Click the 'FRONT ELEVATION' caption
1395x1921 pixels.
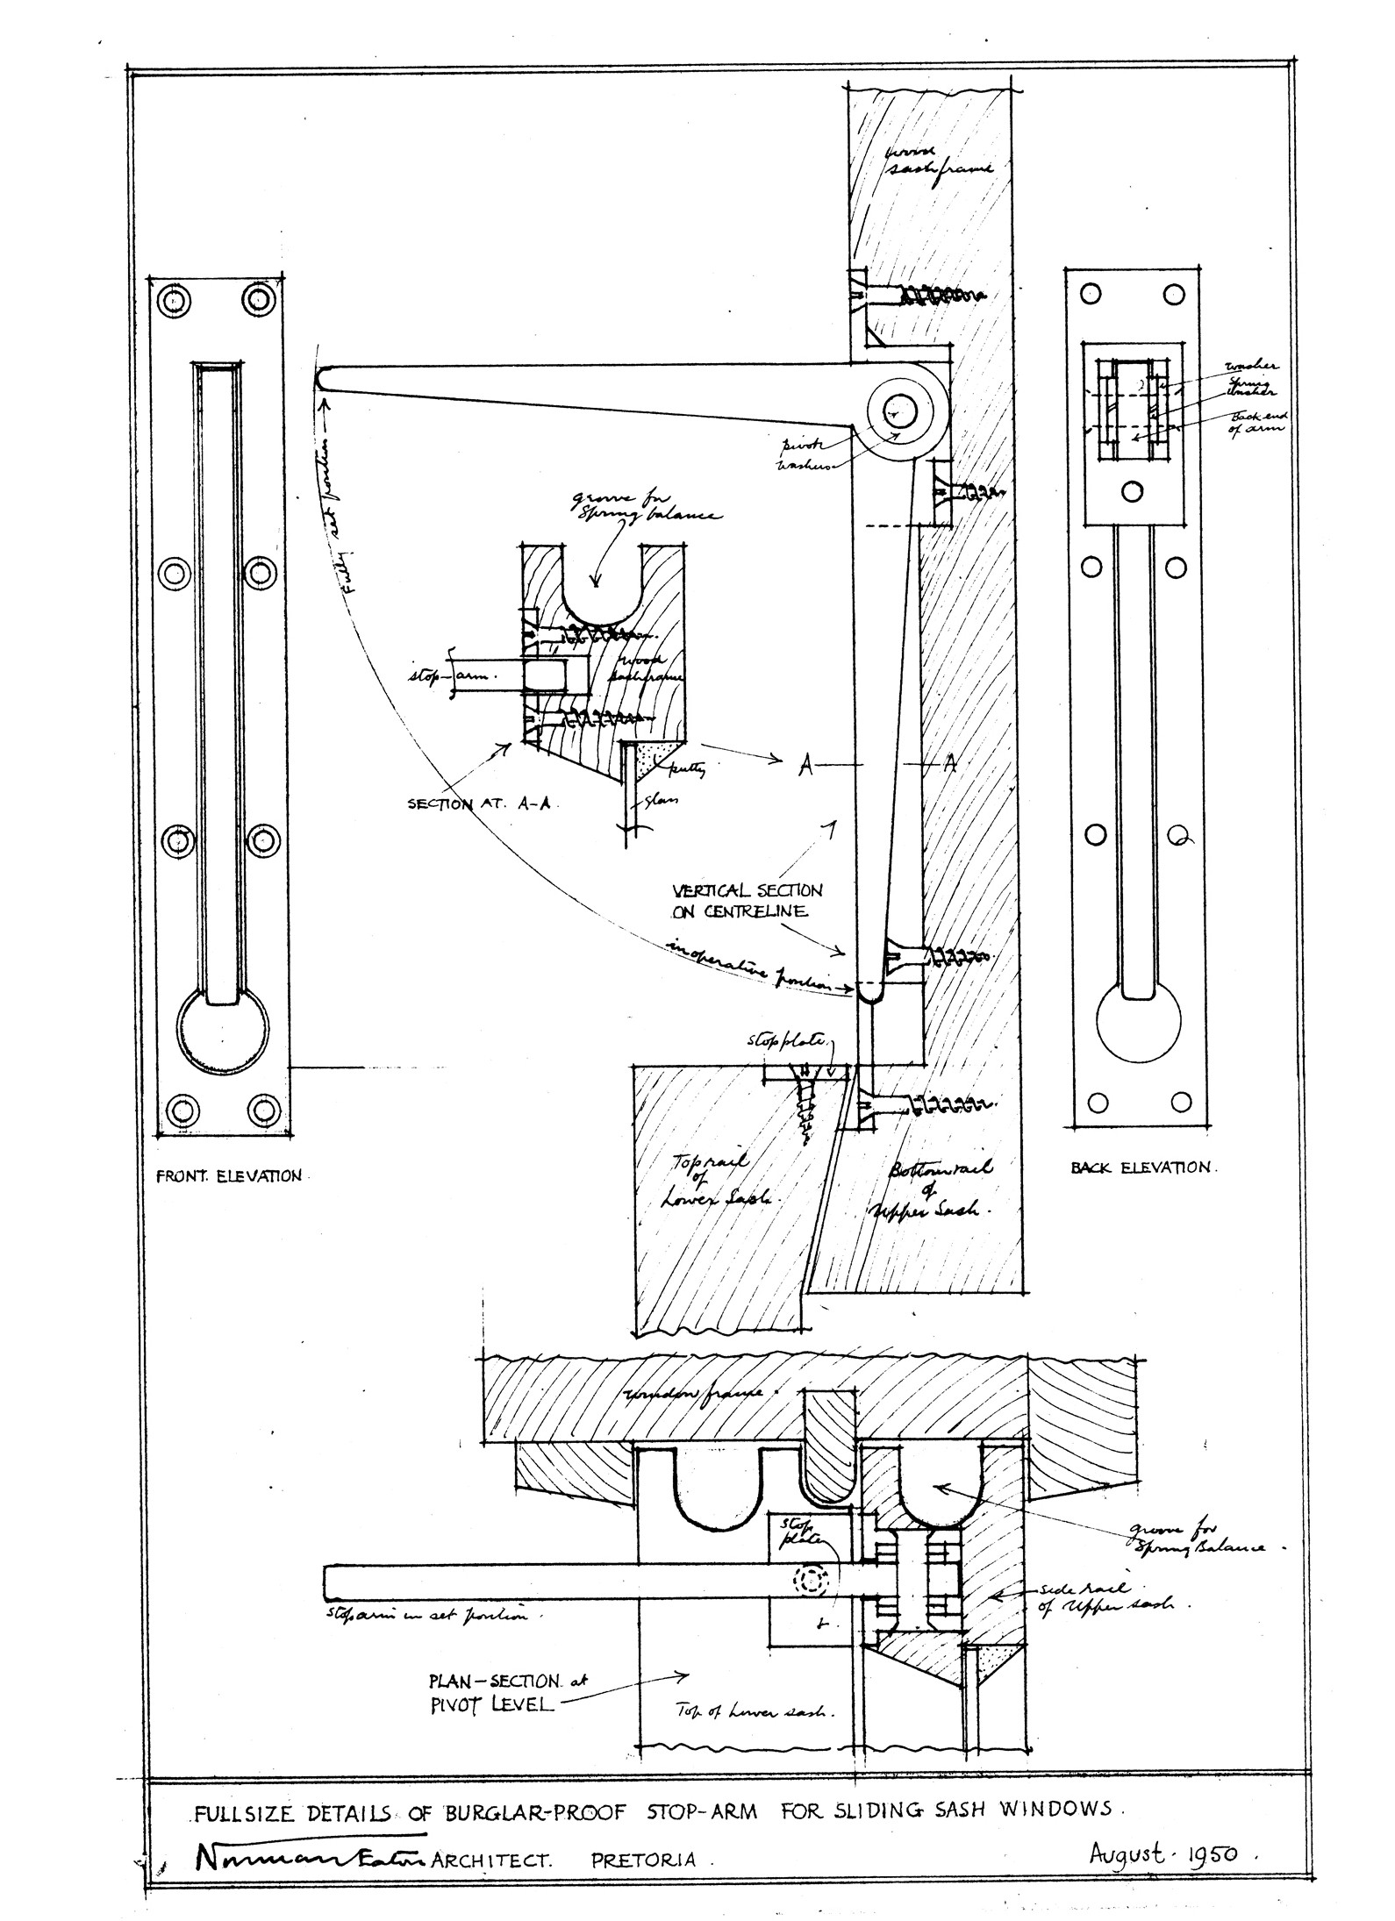[x=228, y=1176]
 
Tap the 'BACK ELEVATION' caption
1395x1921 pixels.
[x=1141, y=1168]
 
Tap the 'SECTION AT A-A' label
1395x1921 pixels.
[x=478, y=803]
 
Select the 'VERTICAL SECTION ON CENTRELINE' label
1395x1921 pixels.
[x=748, y=900]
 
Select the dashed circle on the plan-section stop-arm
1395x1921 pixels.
[x=811, y=1578]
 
